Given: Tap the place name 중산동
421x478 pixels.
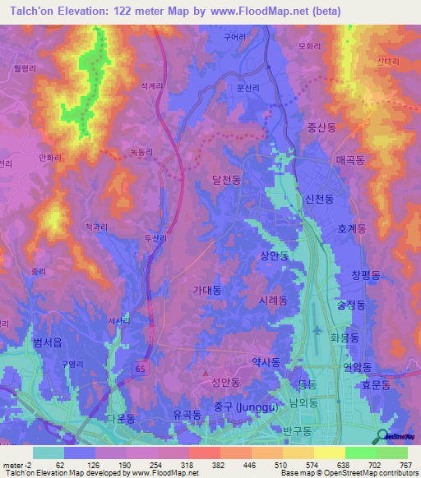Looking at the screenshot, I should click(322, 128).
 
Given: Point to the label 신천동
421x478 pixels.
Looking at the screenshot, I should click(318, 199).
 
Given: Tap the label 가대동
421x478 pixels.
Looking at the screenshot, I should click(206, 290).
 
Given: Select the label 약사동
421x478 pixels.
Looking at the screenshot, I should click(265, 361).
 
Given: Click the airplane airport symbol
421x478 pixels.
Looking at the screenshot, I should click(318, 330).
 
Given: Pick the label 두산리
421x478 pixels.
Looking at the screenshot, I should click(155, 238).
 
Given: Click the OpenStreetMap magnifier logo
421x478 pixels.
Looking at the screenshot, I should click(383, 437).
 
